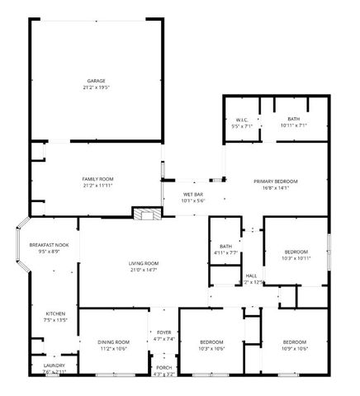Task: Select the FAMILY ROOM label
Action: click(x=97, y=179)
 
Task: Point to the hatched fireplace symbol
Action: click(x=147, y=214)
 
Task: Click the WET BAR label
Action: click(x=193, y=194)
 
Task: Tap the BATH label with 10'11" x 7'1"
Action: click(x=293, y=120)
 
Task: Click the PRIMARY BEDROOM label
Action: click(x=276, y=181)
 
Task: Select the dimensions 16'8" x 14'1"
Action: click(x=276, y=187)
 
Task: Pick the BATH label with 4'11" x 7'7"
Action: click(x=225, y=246)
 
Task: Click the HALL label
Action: click(x=251, y=276)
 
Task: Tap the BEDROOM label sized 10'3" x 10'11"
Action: click(x=296, y=252)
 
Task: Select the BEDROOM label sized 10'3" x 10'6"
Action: click(x=212, y=342)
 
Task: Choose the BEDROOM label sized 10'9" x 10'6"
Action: click(x=295, y=342)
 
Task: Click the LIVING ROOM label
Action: click(x=143, y=263)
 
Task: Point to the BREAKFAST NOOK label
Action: click(x=49, y=245)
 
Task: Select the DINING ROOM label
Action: click(x=115, y=342)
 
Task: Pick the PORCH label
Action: click(x=164, y=368)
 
